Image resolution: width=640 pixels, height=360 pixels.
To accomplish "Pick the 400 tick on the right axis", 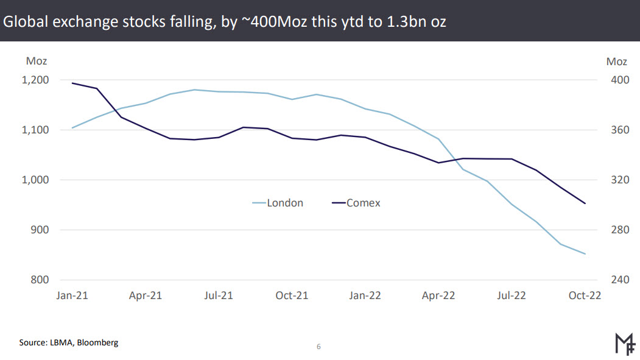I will (617, 80).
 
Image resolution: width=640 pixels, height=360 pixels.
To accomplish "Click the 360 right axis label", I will (617, 130).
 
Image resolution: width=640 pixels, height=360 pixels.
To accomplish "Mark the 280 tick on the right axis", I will (617, 230).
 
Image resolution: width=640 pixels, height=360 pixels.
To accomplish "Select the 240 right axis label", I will (617, 280).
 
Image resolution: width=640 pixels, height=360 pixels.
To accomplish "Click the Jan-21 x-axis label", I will (72, 295).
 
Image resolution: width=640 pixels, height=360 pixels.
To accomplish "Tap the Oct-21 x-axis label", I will (292, 295).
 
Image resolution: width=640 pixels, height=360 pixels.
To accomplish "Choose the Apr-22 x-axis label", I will (438, 295).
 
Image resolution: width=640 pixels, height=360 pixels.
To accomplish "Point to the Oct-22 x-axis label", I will (585, 295).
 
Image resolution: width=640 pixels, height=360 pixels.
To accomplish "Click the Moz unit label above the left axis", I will (37, 61).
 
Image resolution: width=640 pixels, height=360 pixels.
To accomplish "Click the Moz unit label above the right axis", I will (617, 61).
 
